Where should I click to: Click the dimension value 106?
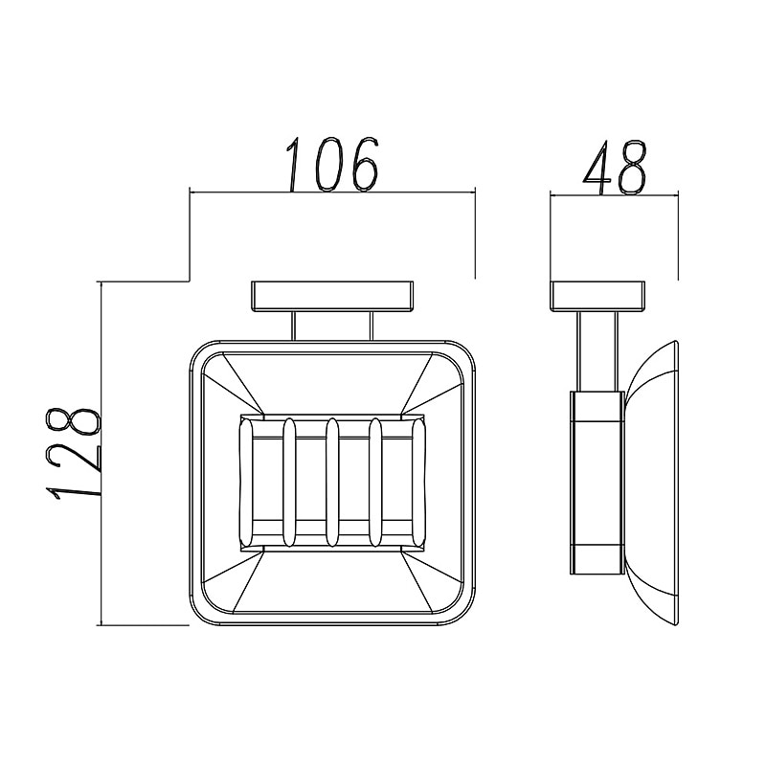[x=333, y=164]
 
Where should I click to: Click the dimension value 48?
[x=615, y=168]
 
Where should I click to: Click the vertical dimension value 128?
[x=74, y=453]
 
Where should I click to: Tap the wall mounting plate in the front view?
[x=332, y=296]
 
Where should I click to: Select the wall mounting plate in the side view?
[x=597, y=296]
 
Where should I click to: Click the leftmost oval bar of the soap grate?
[x=246, y=483]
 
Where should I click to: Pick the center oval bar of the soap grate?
[x=332, y=483]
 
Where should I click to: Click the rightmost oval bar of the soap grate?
[x=418, y=483]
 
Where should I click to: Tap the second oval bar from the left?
[x=289, y=483]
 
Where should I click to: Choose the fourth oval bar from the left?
[x=375, y=483]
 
